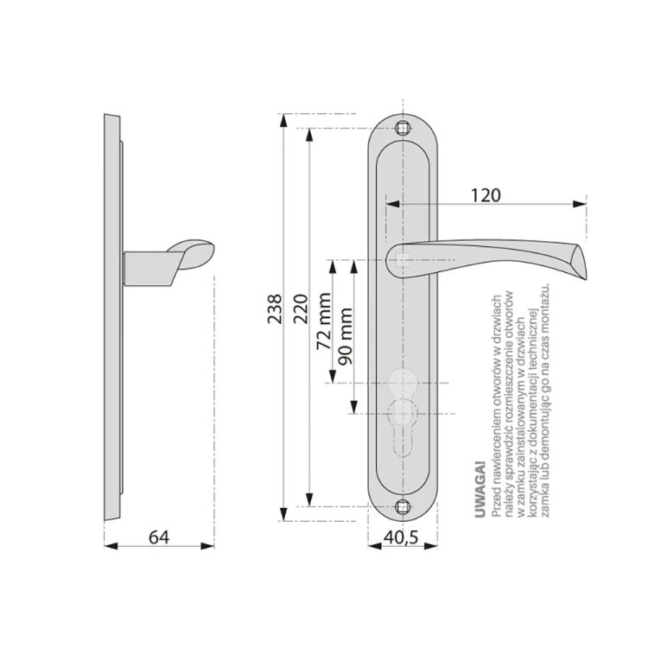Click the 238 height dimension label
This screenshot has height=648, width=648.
pos(275,308)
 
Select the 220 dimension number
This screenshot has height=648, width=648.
pos(301,308)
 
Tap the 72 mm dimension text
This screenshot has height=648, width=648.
pos(324,321)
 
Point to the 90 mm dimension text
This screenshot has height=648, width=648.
pos(345,336)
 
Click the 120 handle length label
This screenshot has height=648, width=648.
pos(486,195)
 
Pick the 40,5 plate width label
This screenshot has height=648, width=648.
pos(401,537)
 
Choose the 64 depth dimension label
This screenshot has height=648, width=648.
pos(159,537)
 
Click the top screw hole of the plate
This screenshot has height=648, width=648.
pos(403,128)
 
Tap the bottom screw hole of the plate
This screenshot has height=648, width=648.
pos(403,506)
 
